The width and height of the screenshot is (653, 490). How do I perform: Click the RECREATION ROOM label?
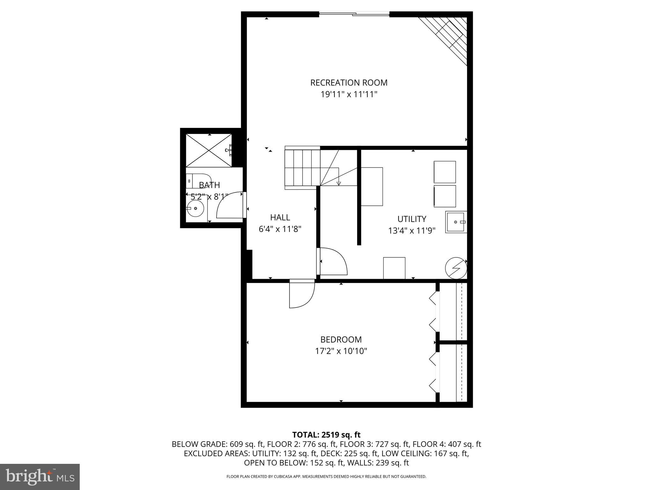(349, 83)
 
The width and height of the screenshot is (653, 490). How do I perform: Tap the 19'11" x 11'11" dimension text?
(349, 94)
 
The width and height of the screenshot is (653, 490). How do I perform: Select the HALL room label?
(280, 218)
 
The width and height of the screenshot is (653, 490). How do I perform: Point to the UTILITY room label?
(412, 219)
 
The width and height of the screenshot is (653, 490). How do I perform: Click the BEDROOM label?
(341, 339)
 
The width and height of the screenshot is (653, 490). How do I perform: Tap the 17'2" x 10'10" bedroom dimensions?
(341, 351)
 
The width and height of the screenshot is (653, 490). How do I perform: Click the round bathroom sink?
(195, 208)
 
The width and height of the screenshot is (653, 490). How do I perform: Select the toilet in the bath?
(199, 181)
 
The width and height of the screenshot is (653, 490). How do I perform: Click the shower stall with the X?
(209, 150)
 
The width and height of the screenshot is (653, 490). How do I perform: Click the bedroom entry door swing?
(301, 295)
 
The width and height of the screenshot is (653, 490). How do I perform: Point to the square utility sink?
(456, 222)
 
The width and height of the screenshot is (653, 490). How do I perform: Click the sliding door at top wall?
(354, 14)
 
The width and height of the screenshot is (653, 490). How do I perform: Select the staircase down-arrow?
(339, 183)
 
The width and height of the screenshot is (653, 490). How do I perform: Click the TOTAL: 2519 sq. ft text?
(326, 435)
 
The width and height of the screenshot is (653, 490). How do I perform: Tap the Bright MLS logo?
(40, 477)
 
